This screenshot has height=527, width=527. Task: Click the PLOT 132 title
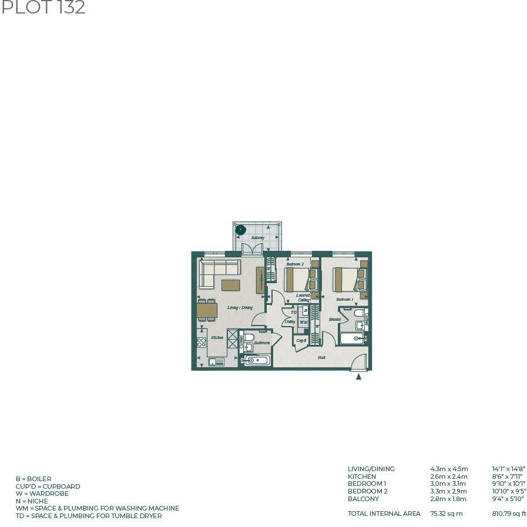click(43, 8)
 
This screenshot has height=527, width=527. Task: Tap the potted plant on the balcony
click(240, 229)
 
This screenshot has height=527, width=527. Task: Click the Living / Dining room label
click(240, 307)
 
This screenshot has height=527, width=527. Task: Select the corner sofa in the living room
click(217, 273)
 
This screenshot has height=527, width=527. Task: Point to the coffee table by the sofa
click(230, 285)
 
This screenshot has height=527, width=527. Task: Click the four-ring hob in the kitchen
click(202, 341)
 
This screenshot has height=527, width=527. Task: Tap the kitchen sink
click(216, 362)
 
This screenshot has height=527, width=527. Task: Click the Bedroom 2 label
click(295, 264)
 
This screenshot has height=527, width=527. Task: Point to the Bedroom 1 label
click(344, 299)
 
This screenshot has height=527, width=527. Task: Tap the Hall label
click(321, 357)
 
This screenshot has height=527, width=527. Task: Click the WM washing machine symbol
click(304, 323)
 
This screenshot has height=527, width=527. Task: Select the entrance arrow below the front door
click(359, 377)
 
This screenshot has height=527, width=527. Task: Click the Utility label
click(290, 322)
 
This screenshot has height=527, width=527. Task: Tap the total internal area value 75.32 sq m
click(446, 513)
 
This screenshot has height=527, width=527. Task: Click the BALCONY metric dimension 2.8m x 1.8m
click(448, 499)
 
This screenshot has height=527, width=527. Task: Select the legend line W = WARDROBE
click(42, 494)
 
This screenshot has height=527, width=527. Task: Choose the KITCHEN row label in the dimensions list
click(361, 476)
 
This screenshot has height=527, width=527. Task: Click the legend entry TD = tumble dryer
click(88, 516)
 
